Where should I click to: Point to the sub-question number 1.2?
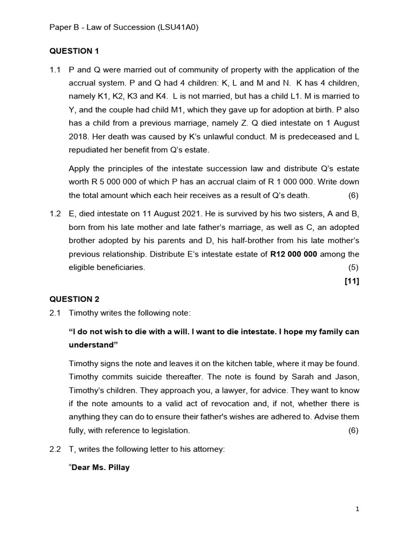point(55,213)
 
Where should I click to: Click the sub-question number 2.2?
point(55,449)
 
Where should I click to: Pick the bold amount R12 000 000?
point(293,254)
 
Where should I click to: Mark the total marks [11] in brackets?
point(352,282)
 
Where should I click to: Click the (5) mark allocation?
point(354,267)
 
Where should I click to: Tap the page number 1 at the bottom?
point(357,509)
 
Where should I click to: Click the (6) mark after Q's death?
point(354,195)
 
